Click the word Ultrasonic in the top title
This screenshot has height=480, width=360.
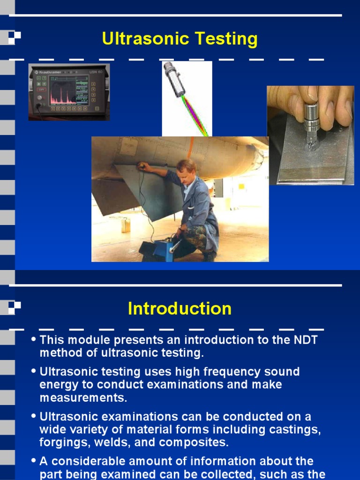pyautogui.click(x=141, y=39)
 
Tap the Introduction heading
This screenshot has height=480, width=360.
pyautogui.click(x=180, y=309)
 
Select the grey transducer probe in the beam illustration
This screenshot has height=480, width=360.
pyautogui.click(x=174, y=79)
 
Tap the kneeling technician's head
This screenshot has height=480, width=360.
pyautogui.click(x=186, y=167)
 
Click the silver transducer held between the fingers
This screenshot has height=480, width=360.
pyautogui.click(x=312, y=120)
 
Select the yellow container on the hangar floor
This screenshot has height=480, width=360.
pyautogui.click(x=125, y=225)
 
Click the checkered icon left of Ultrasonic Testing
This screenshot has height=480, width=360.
pyautogui.click(x=14, y=38)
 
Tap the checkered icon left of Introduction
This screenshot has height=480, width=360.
pyautogui.click(x=14, y=307)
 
